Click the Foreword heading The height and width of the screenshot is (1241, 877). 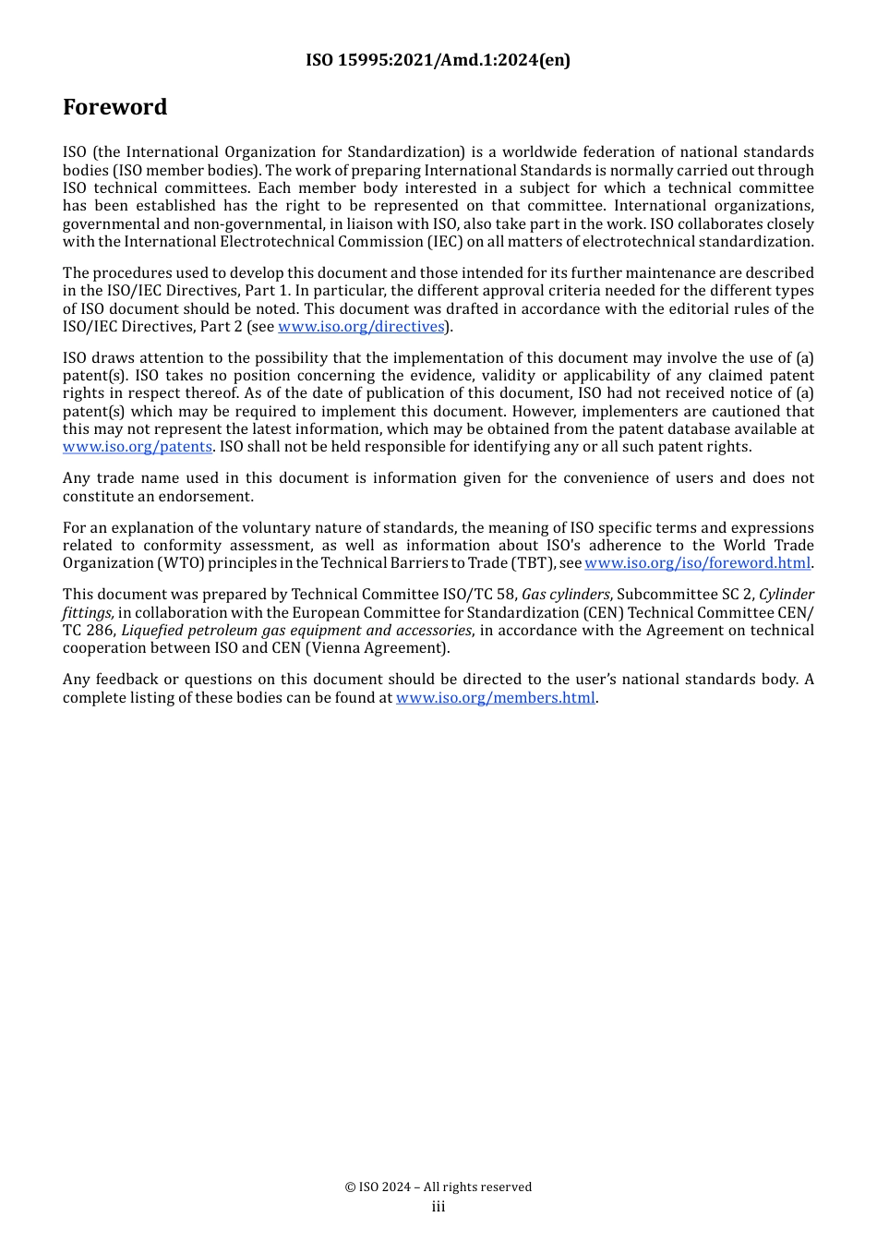tap(115, 107)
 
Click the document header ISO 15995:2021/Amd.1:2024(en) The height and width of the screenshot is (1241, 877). tap(438, 60)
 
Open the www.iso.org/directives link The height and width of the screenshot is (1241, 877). tap(361, 327)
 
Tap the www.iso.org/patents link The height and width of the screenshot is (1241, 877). tap(138, 447)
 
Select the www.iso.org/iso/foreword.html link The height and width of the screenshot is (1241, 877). tap(697, 563)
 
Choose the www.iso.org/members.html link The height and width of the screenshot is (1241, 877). tap(495, 698)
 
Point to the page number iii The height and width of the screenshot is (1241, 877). tap(438, 1207)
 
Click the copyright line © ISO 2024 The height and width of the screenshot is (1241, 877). tap(438, 1187)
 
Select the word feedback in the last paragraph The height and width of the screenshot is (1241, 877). tap(127, 680)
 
